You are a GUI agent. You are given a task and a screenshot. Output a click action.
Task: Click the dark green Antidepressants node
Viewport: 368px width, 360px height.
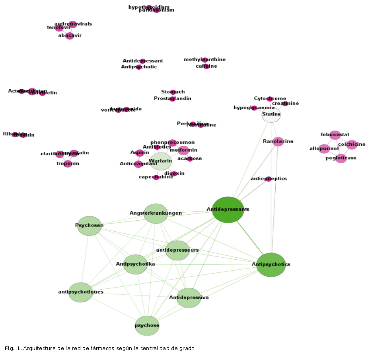pyautogui.click(x=228, y=209)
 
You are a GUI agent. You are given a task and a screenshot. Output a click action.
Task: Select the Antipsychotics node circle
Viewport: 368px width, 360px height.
pyautogui.click(x=271, y=264)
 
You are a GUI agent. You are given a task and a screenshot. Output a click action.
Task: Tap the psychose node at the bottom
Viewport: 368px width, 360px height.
pyautogui.click(x=147, y=326)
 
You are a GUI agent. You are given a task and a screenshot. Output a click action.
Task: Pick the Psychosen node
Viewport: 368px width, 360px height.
pyautogui.click(x=89, y=226)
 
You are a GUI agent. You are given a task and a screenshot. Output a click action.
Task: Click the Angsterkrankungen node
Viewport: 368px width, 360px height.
pyautogui.click(x=156, y=213)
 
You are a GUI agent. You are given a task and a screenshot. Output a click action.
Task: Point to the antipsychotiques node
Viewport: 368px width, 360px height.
pyautogui.click(x=81, y=292)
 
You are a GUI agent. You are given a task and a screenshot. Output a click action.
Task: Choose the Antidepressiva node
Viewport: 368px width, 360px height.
pyautogui.click(x=189, y=298)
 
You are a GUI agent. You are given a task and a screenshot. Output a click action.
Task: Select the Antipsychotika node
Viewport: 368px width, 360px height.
pyautogui.click(x=135, y=264)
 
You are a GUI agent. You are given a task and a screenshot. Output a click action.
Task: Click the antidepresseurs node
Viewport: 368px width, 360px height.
pyautogui.click(x=177, y=250)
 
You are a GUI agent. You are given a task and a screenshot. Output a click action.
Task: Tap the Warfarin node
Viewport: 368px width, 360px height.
pyautogui.click(x=160, y=161)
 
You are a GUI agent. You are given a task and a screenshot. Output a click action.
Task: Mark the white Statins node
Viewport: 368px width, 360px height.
pyautogui.click(x=271, y=115)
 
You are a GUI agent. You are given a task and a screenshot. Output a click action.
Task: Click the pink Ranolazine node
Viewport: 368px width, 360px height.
pyautogui.click(x=278, y=141)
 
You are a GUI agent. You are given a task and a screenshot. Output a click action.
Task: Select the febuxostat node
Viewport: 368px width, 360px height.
pyautogui.click(x=335, y=135)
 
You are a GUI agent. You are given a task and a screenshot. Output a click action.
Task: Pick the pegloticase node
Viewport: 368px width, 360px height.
pyautogui.click(x=341, y=158)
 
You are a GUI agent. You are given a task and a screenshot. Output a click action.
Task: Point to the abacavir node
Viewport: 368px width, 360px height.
pyautogui.click(x=70, y=36)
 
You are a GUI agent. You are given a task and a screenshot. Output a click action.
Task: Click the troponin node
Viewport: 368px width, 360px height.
pyautogui.click(x=68, y=164)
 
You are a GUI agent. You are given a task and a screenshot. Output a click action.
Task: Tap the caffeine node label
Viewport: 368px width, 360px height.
pyautogui.click(x=206, y=66)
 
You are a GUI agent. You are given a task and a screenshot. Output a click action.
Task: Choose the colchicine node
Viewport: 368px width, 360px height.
pyautogui.click(x=352, y=145)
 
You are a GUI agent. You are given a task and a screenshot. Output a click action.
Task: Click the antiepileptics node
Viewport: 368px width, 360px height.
pyautogui.click(x=269, y=179)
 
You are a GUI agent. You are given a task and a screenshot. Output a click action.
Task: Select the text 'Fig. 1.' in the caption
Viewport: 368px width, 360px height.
pyautogui.click(x=13, y=348)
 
